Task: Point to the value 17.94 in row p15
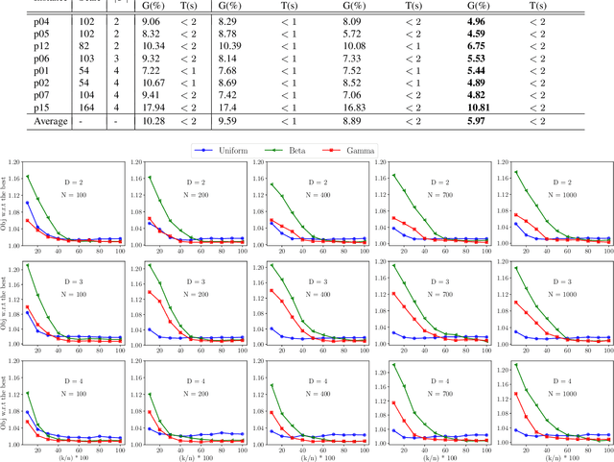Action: [x=152, y=107]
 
